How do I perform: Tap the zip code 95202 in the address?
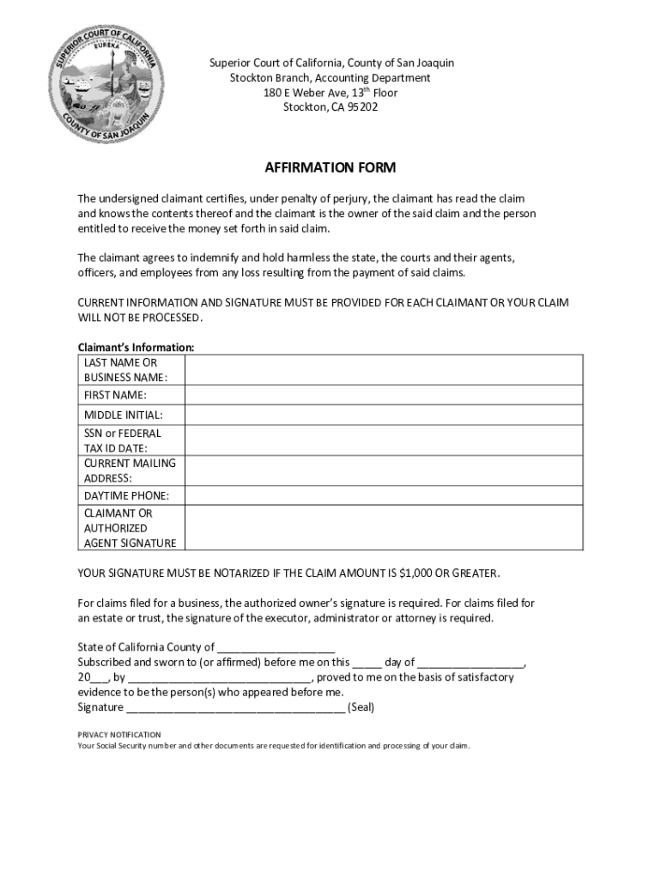point(362,107)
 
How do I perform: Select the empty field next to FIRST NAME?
point(385,395)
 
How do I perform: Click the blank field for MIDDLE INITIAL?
point(385,415)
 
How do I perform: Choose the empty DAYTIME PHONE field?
point(385,496)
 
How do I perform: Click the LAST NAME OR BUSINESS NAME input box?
point(385,370)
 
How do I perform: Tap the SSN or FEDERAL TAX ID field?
point(385,440)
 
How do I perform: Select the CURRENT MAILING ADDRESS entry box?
point(385,470)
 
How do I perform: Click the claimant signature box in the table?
point(385,528)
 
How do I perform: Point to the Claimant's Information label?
point(136,348)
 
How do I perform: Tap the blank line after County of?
point(276,648)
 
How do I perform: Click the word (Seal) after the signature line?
point(361,707)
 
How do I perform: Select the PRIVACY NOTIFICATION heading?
point(119,735)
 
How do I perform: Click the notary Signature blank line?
point(235,709)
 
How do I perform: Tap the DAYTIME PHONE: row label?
point(127,496)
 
